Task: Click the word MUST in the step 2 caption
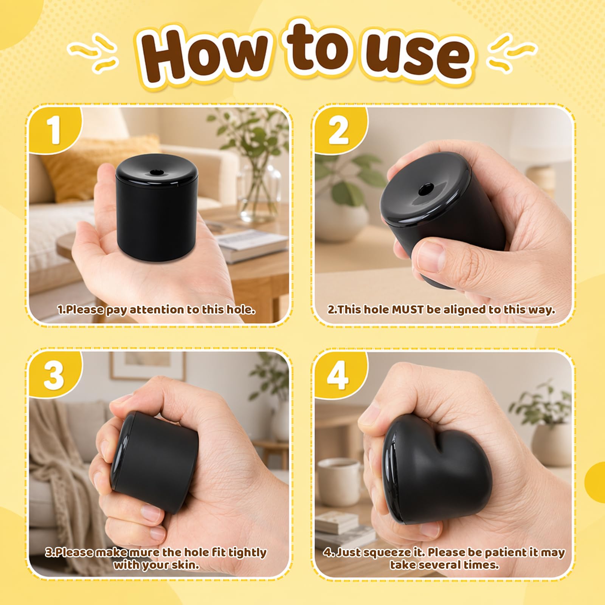tap(408, 309)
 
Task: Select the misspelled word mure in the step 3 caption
tap(145, 552)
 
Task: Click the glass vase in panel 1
tap(261, 189)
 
